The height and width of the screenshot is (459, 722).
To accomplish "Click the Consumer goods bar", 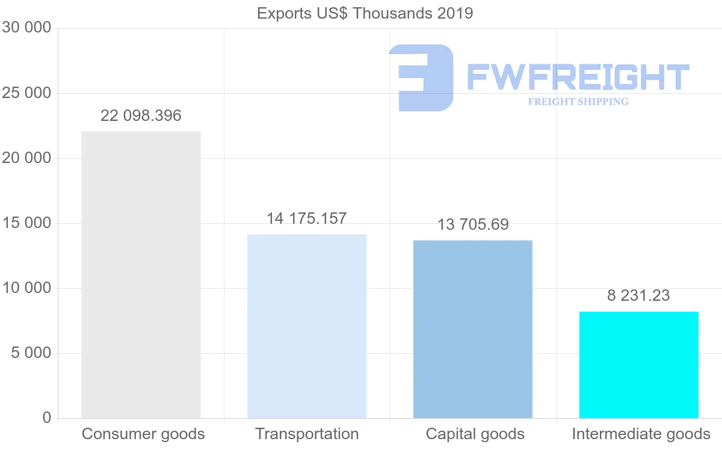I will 141,274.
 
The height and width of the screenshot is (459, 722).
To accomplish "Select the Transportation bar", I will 307,326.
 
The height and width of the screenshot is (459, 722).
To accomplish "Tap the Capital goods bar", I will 473,329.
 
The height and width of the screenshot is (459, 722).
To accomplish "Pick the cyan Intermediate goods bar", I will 638,365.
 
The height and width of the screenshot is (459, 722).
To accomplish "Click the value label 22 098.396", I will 141,116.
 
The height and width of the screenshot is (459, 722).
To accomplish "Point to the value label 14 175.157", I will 307,218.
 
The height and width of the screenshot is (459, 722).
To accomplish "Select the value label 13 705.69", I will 473,224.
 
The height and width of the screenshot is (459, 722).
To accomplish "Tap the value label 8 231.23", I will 638,295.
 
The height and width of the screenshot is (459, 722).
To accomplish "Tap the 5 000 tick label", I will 31,353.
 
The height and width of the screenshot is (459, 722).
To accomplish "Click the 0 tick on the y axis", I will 47,417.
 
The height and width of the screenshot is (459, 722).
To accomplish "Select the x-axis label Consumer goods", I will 143,434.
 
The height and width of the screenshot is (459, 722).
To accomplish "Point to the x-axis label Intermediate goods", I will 641,434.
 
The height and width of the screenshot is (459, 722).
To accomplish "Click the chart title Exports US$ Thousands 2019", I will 365,13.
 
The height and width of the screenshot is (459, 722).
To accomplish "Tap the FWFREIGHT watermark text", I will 578,77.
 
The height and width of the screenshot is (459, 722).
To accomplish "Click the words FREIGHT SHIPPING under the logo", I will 578,102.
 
